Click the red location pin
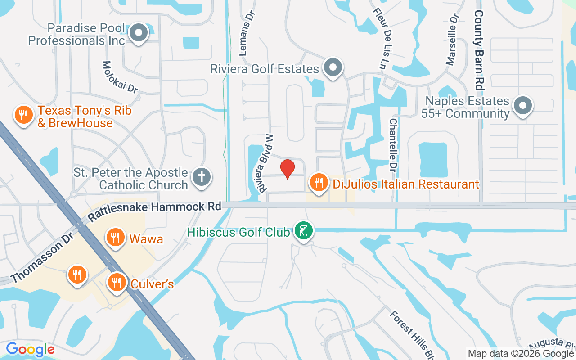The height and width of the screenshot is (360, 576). point(288,169)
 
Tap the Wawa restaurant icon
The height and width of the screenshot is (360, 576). point(116,237)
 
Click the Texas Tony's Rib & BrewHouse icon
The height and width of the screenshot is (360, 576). point(22,115)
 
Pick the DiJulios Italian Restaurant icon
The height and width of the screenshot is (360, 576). point(319,183)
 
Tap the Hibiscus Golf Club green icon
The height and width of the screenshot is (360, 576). point(304,231)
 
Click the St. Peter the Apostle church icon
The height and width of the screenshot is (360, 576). point(201,177)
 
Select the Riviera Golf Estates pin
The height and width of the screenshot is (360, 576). point(333,67)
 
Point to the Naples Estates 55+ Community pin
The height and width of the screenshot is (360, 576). point(523,106)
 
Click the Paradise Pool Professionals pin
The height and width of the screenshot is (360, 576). point(139,32)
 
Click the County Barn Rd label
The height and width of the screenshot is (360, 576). point(479,49)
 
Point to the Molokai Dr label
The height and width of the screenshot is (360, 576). point(120,77)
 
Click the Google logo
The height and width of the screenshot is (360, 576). point(30,349)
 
